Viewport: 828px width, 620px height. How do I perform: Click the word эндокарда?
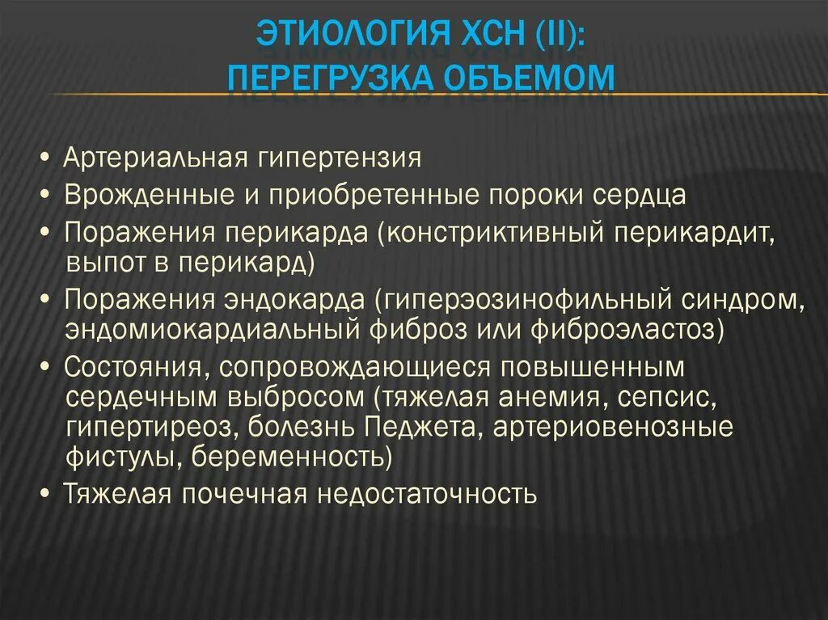[x=295, y=298]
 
